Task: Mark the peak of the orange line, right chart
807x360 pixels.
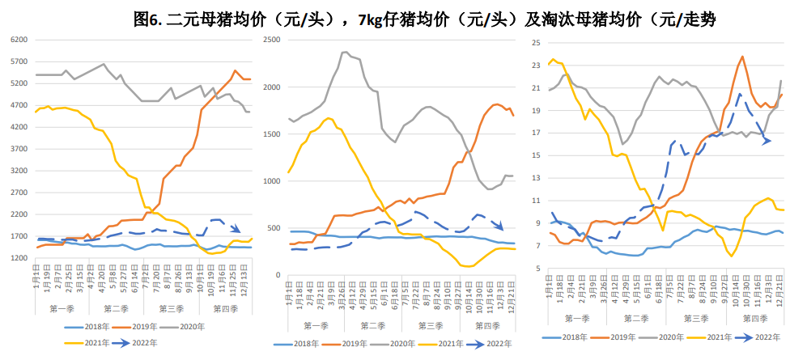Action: click(x=741, y=57)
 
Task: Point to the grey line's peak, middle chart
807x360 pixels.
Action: click(x=346, y=53)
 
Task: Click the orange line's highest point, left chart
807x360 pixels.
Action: click(x=235, y=70)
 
